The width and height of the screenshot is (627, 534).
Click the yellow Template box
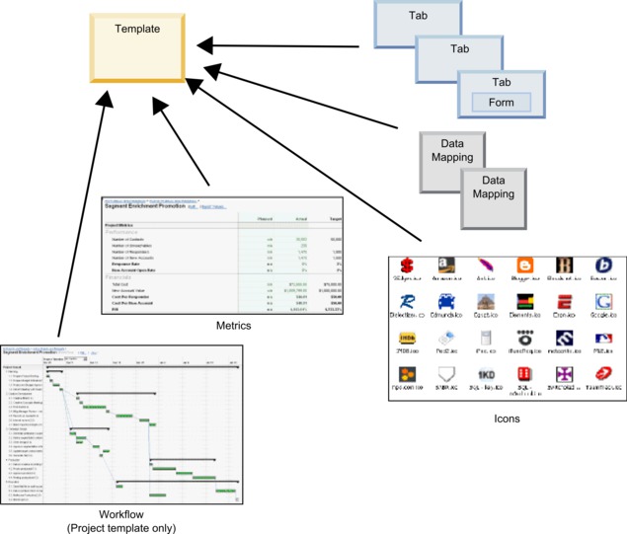pyautogui.click(x=136, y=43)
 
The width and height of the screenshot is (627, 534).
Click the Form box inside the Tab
pyautogui.click(x=502, y=102)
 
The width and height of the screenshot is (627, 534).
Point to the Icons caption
pyautogui.click(x=504, y=419)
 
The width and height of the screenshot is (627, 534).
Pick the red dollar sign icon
pyautogui.click(x=405, y=267)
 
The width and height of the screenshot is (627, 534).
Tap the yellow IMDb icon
pyautogui.click(x=405, y=339)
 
